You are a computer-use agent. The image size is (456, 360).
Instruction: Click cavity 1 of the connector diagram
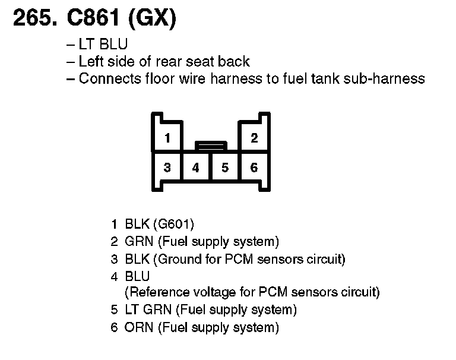pos(167,138)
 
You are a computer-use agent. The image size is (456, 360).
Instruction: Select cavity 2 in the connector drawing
pos(254,138)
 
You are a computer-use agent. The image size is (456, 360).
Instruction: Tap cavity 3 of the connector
pos(167,168)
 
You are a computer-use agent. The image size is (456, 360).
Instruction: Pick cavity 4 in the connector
pos(196,168)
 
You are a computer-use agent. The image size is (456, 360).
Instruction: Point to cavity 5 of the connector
pos(225,168)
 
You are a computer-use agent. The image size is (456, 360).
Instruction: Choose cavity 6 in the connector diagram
pos(254,168)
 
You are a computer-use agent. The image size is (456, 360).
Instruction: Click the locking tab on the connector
pos(211,145)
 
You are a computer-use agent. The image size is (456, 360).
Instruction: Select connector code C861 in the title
pos(91,20)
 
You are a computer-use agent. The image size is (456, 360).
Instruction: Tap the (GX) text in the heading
pos(151,20)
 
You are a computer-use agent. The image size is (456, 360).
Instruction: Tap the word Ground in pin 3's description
pos(177,259)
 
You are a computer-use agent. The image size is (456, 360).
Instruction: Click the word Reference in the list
pos(156,292)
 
